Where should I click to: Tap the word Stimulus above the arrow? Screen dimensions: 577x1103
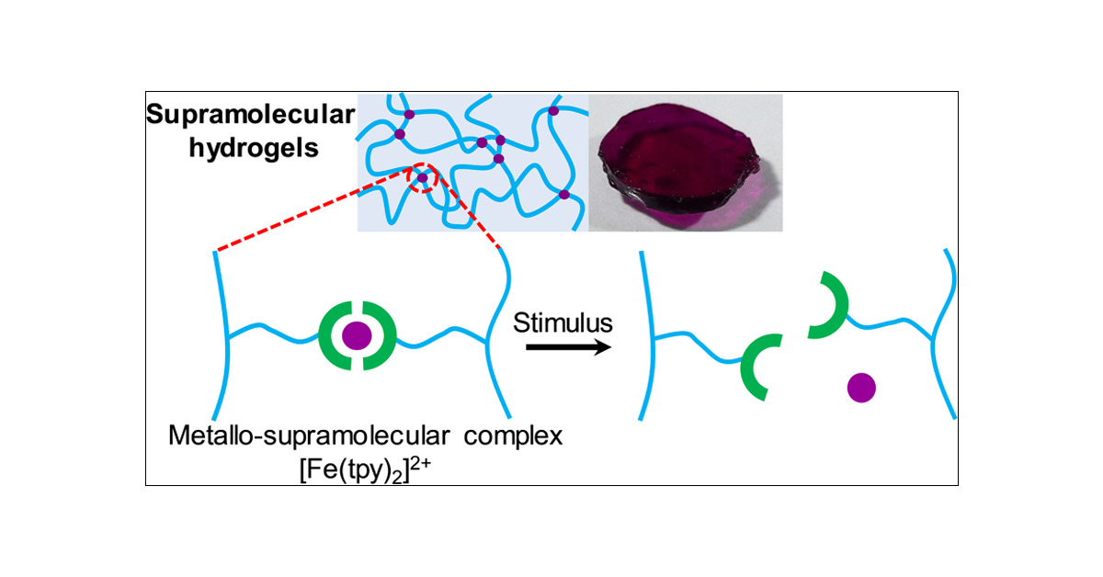coord(563,323)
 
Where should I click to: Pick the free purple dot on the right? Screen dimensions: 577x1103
coord(860,388)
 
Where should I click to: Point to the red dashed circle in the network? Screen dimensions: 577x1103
coord(422,177)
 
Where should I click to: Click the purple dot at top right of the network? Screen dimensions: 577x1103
coord(553,111)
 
